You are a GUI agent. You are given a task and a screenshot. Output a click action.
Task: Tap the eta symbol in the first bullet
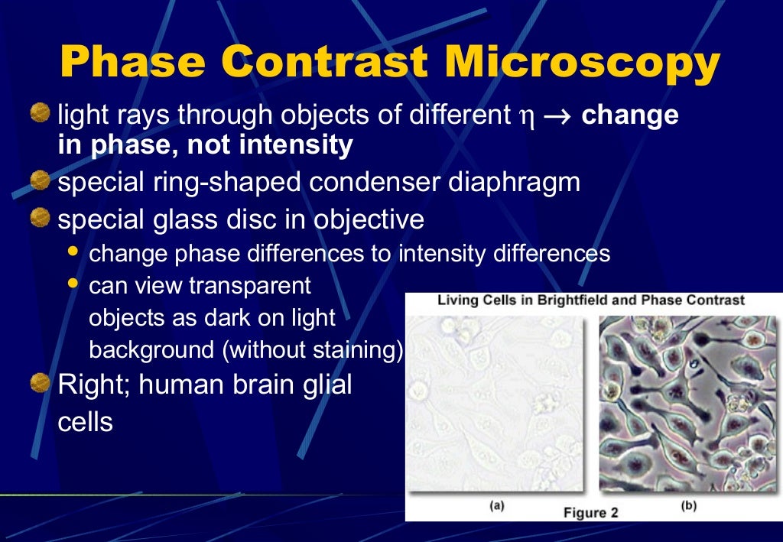tap(523, 117)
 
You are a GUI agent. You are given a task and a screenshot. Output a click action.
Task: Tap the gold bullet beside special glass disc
tap(41, 219)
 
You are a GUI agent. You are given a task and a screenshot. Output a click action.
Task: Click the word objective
tap(366, 219)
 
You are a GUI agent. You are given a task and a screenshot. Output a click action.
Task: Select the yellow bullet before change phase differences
tap(73, 251)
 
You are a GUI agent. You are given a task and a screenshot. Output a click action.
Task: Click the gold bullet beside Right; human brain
tap(41, 383)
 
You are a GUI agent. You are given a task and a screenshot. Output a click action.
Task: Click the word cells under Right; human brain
tap(86, 422)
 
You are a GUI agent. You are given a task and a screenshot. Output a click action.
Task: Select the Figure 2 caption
tap(590, 512)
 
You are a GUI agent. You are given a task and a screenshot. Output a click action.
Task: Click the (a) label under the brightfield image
tap(496, 505)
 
